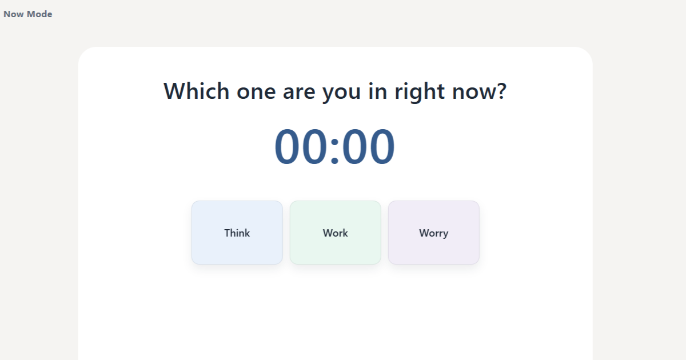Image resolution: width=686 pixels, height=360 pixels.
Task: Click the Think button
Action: click(x=237, y=233)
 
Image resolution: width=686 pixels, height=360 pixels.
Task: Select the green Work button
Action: click(x=335, y=233)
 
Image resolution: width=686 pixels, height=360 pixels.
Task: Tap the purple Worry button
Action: click(x=433, y=233)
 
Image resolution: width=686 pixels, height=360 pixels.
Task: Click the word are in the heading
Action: click(x=299, y=92)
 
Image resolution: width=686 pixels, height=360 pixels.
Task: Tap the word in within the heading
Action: click(x=378, y=91)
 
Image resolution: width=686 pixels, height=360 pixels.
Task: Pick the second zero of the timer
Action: click(x=316, y=147)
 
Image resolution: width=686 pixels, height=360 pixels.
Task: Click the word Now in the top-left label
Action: click(x=14, y=14)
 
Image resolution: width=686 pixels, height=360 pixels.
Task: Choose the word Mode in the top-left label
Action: click(x=39, y=14)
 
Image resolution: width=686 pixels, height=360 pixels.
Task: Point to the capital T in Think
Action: click(x=227, y=233)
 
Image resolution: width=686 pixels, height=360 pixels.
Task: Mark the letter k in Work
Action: click(x=345, y=233)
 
